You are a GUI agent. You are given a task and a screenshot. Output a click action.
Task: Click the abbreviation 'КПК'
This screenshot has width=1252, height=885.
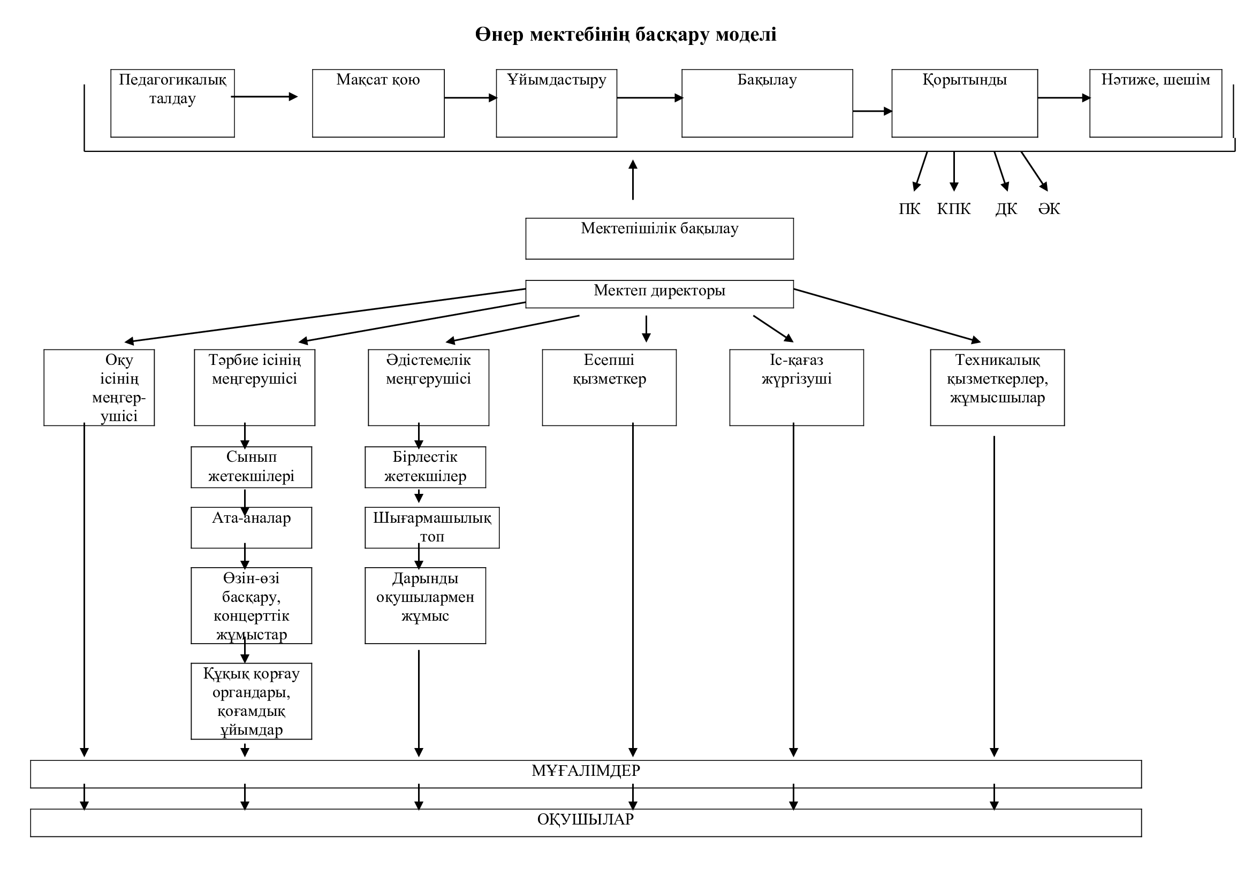[954, 209]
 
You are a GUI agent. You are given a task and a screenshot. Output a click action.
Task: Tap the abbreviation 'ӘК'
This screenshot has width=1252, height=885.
[1049, 209]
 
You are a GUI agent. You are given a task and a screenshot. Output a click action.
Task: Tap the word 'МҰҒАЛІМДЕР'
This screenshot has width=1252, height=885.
[586, 770]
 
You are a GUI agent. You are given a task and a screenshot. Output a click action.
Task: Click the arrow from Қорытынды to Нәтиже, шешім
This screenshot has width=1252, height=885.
[1064, 98]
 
